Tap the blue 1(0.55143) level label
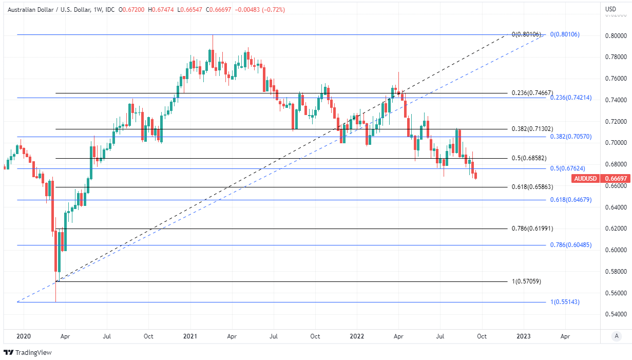565,302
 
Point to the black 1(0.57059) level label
526,281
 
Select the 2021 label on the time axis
190,336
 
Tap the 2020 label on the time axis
24,336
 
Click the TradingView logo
28,353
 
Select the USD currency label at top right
610,9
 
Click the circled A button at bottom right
616,336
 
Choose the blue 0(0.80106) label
565,34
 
